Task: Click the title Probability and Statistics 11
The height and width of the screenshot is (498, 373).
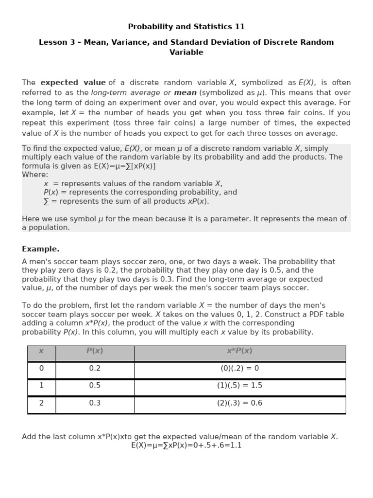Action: [x=186, y=27]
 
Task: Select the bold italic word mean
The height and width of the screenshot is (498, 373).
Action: [x=185, y=92]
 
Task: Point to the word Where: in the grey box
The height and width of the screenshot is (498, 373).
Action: [x=35, y=175]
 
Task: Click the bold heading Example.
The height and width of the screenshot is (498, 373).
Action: [x=41, y=249]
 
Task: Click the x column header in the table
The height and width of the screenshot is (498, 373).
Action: [x=41, y=351]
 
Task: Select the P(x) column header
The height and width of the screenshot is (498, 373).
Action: [x=95, y=351]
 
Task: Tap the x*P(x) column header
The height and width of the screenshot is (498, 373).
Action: [x=239, y=351]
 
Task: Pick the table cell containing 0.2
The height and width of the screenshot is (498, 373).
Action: [x=95, y=369]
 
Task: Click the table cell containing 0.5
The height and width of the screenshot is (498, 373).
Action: [x=95, y=386]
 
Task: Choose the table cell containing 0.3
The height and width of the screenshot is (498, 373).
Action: [x=95, y=403]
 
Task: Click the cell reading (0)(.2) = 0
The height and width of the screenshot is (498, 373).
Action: [x=239, y=369]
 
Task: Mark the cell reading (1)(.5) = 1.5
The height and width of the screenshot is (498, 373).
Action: [x=239, y=386]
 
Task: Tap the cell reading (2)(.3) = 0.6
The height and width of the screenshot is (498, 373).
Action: [x=239, y=403]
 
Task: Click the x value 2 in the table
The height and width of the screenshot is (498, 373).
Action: [x=41, y=403]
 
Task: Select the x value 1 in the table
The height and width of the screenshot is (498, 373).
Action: [x=41, y=386]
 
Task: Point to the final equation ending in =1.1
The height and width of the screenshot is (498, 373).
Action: [x=186, y=445]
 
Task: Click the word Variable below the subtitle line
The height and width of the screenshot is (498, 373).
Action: [x=186, y=53]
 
